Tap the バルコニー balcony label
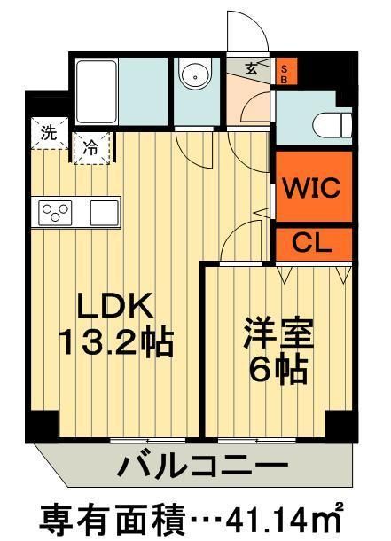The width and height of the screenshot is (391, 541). pyautogui.click(x=203, y=465)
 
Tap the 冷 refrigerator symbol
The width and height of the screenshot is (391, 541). pyautogui.click(x=90, y=147)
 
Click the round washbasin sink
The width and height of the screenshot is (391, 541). pyautogui.click(x=194, y=77)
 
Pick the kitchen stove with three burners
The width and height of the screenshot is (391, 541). pyautogui.click(x=56, y=214)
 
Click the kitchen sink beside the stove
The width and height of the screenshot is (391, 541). pyautogui.click(x=103, y=213)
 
